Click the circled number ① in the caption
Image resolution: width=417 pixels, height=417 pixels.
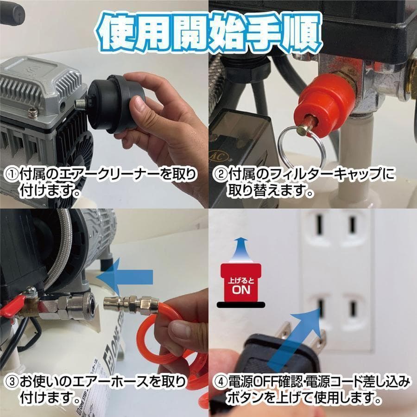(12, 175)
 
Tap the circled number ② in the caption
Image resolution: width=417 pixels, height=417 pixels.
(220, 175)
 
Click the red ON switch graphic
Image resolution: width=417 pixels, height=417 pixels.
(239, 283)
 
